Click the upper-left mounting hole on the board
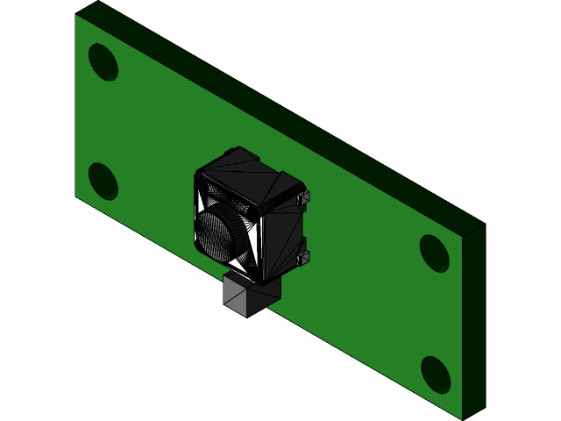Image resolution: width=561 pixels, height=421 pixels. tap(103, 62)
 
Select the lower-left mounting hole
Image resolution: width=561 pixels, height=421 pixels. tap(103, 182)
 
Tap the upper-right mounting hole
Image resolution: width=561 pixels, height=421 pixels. tap(434, 253)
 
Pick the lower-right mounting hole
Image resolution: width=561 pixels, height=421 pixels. tap(436, 375)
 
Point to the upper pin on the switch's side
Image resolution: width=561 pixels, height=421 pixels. tap(305, 199)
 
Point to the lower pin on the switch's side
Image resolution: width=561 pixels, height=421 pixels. tap(305, 256)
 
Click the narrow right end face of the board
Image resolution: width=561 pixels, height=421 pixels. tap(473, 321)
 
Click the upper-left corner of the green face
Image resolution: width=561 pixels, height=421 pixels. tap(76, 15)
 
